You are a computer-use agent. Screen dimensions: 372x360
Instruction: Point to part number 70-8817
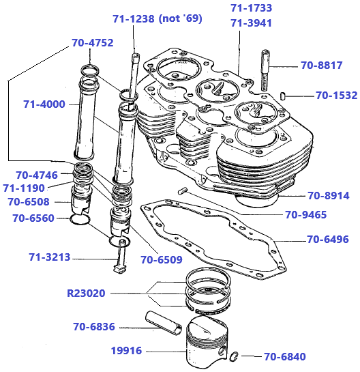322,66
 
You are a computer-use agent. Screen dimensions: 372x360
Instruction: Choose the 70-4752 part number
93,42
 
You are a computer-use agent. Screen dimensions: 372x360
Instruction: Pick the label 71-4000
44,104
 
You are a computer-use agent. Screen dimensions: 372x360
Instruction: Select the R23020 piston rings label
86,294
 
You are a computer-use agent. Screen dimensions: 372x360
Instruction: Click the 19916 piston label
126,351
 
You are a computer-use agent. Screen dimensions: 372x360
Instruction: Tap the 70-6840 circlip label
285,356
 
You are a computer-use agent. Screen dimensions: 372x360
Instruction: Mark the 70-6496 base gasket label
327,239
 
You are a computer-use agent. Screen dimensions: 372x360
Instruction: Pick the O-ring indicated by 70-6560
80,219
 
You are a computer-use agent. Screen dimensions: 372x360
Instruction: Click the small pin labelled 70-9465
183,190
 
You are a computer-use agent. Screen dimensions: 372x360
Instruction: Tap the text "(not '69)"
180,19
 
